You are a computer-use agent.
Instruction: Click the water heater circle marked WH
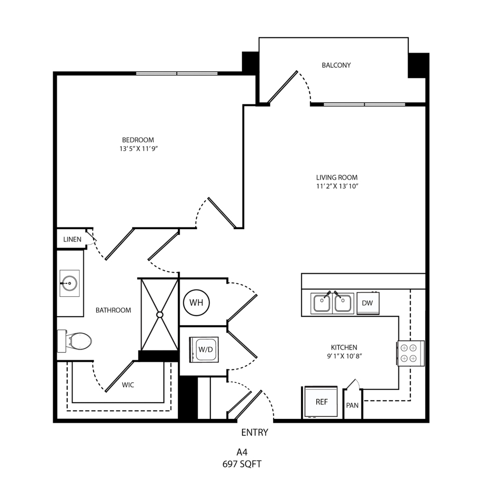click(196, 302)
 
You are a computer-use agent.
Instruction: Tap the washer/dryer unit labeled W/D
click(204, 350)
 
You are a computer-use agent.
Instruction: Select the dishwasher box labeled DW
click(368, 303)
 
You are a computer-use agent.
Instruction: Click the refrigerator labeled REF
click(321, 402)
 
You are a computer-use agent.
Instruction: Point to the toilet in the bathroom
click(74, 341)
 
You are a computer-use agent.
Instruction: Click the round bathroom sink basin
click(69, 283)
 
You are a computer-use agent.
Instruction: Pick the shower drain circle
click(160, 315)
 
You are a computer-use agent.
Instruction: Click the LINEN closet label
click(72, 239)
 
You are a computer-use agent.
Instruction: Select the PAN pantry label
click(352, 405)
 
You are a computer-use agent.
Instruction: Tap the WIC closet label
click(128, 385)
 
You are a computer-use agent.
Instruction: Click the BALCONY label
click(336, 65)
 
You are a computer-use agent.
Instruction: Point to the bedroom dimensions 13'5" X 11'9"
click(139, 149)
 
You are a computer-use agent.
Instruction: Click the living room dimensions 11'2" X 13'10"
click(337, 186)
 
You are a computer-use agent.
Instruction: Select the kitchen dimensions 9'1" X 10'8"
click(344, 356)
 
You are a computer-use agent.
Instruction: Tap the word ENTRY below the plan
click(255, 432)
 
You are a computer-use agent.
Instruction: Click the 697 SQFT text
click(242, 464)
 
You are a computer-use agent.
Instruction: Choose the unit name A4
click(242, 452)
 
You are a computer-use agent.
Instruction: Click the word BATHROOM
click(113, 310)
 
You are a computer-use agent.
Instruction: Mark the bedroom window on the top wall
click(177, 74)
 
